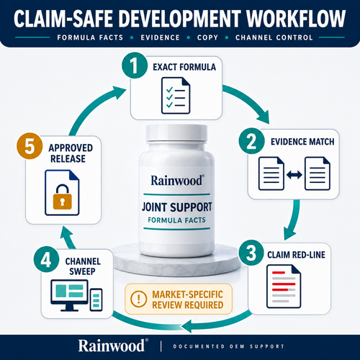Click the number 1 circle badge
[x=135, y=66]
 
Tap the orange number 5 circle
[x=30, y=146]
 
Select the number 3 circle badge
[x=251, y=253]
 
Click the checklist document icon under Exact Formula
[x=176, y=96]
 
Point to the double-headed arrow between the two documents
[x=294, y=174]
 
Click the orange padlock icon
[x=63, y=197]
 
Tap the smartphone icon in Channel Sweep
[x=96, y=300]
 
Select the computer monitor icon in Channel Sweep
[x=69, y=295]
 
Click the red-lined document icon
[x=284, y=287]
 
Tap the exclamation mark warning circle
[x=138, y=299]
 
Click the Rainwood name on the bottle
[x=177, y=181]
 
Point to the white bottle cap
[x=176, y=133]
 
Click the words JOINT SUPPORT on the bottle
[x=177, y=207]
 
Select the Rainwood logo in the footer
[x=113, y=346]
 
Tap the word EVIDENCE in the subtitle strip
[x=160, y=37]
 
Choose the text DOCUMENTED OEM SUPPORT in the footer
[x=229, y=346]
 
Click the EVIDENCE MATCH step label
[x=302, y=142]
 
